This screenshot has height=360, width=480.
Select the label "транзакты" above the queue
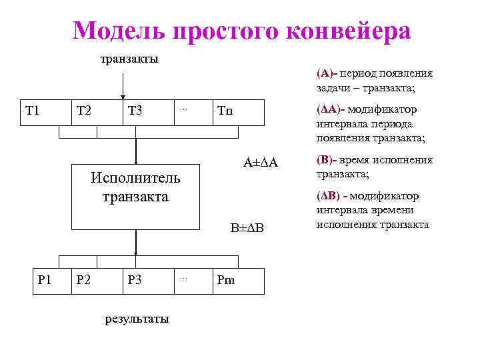tap(129, 60)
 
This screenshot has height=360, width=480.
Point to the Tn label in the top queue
tap(226, 110)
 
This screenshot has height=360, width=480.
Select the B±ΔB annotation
tap(247, 228)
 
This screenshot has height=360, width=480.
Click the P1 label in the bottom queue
tap(45, 279)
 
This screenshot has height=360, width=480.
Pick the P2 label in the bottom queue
tap(85, 279)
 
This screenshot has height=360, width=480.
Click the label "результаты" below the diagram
tap(137, 319)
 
